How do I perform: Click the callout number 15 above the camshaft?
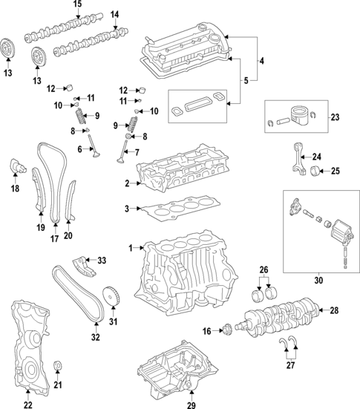[x=76, y=4]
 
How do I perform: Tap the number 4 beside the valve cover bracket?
[x=261, y=60]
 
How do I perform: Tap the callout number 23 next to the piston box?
[x=335, y=117]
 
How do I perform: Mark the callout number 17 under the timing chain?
[x=53, y=239]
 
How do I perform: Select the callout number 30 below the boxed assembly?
[x=320, y=280]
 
